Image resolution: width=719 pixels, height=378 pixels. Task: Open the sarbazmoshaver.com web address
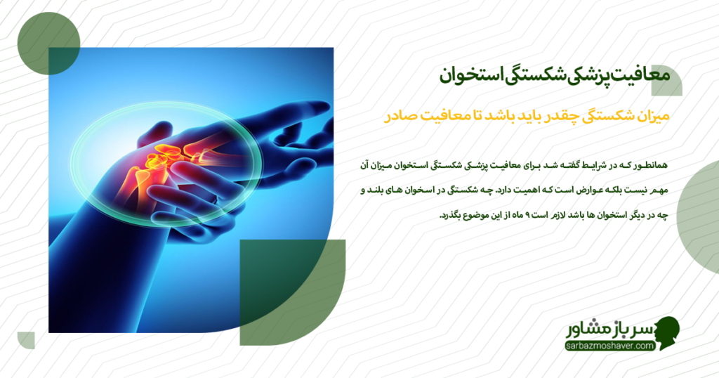pyautogui.click(x=610, y=346)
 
